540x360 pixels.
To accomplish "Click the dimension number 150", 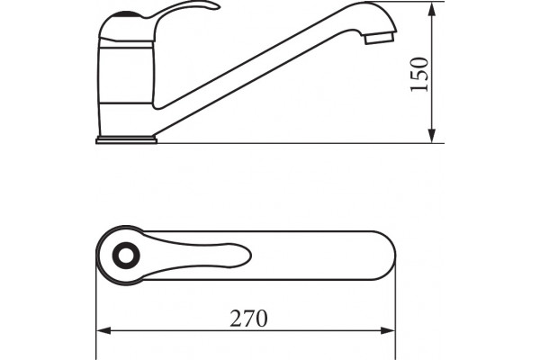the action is pyautogui.click(x=419, y=75).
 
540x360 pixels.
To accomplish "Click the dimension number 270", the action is pyautogui.click(x=248, y=319).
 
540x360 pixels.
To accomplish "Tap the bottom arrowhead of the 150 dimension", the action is pyautogui.click(x=432, y=136).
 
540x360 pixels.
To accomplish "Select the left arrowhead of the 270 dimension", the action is pyautogui.click(x=103, y=330).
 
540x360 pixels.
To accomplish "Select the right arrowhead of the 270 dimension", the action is pyautogui.click(x=388, y=330).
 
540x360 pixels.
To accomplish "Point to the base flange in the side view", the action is pyautogui.click(x=126, y=139).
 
